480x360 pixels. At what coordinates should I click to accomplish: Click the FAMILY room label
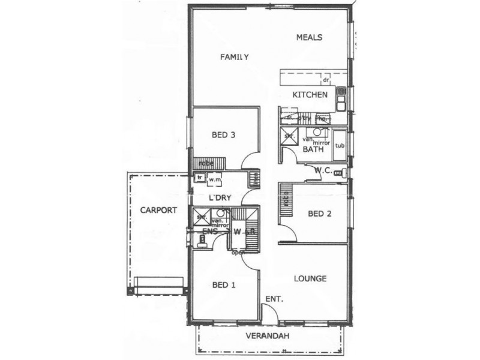pyautogui.click(x=234, y=57)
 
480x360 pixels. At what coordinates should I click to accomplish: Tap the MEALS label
pyautogui.click(x=310, y=37)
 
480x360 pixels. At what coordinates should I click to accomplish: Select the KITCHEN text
pyautogui.click(x=310, y=95)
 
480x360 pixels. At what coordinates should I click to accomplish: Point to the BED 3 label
pyautogui.click(x=223, y=135)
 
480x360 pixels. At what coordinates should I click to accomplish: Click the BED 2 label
pyautogui.click(x=319, y=213)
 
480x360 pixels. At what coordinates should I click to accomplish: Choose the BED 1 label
pyautogui.click(x=223, y=285)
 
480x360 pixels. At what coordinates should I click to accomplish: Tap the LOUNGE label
pyautogui.click(x=311, y=278)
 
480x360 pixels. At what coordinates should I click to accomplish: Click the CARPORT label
pyautogui.click(x=158, y=211)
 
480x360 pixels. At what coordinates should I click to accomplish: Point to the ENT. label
pyautogui.click(x=274, y=299)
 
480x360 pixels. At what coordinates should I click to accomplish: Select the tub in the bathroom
pyautogui.click(x=340, y=146)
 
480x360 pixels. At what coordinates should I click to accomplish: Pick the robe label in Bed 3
pyautogui.click(x=206, y=163)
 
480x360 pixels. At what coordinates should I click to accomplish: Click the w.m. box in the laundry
pyautogui.click(x=215, y=179)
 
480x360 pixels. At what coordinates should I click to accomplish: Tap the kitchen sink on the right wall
pyautogui.click(x=341, y=100)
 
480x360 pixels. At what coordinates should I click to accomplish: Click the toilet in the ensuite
pyautogui.click(x=203, y=240)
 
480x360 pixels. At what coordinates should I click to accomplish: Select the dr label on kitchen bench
pyautogui.click(x=326, y=79)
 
